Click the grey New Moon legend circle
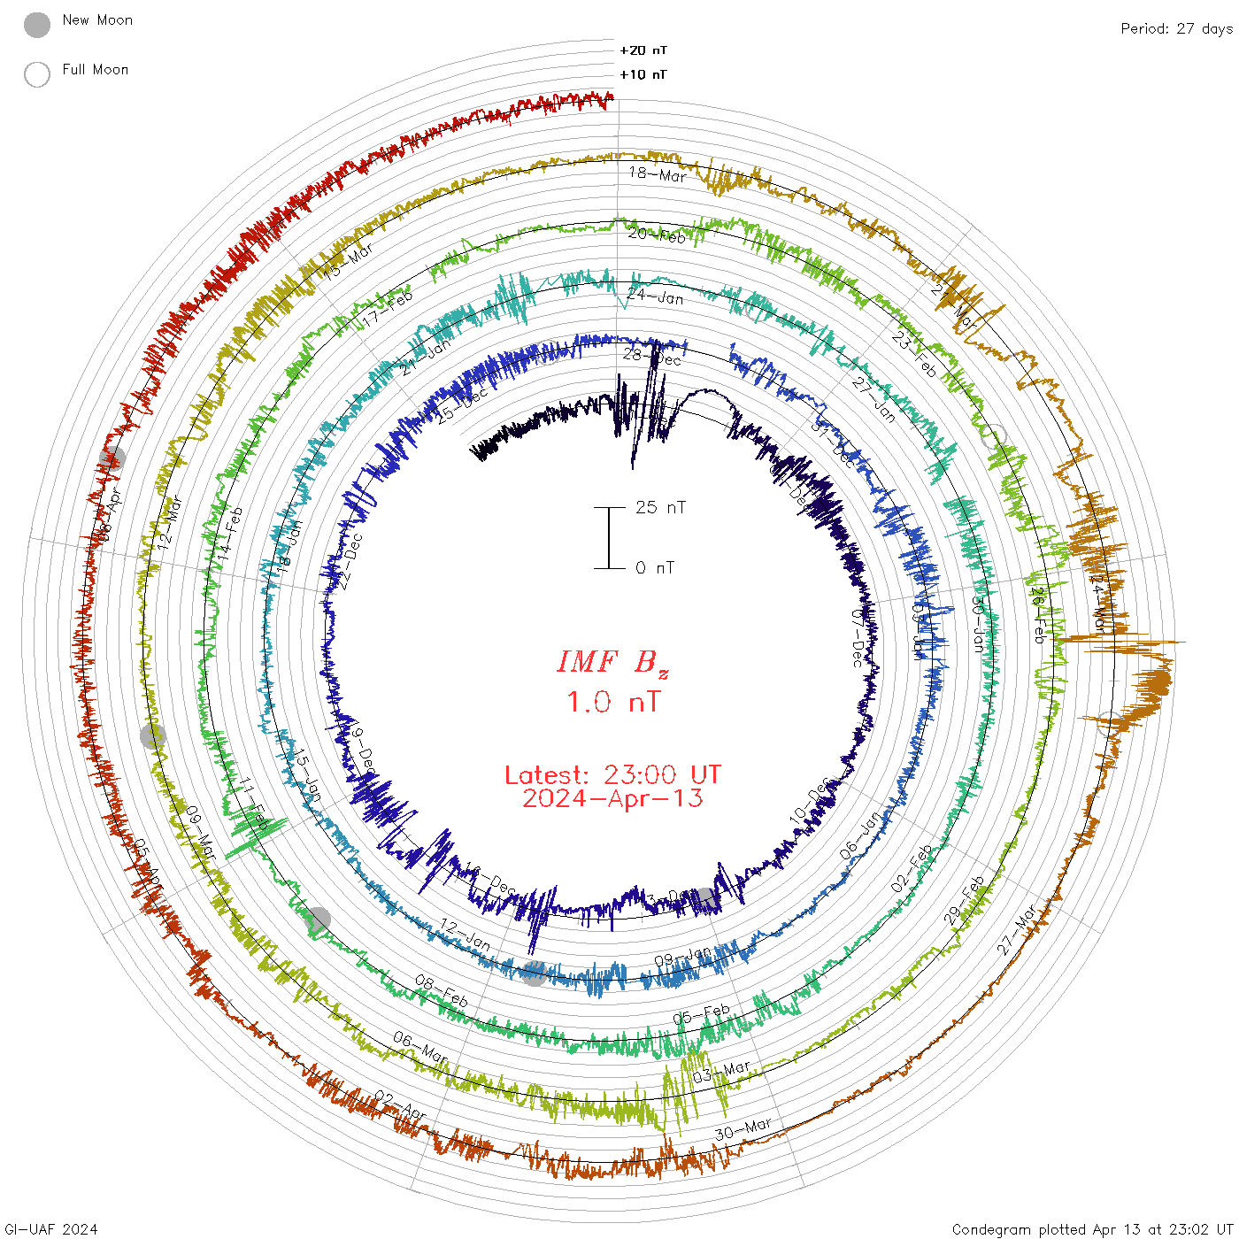coord(37,26)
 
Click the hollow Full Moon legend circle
coord(37,75)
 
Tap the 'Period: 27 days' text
coord(1176,29)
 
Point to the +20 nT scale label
coord(643,50)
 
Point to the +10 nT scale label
coord(643,74)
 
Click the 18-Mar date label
coord(658,174)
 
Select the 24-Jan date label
coord(655,296)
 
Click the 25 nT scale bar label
coord(660,508)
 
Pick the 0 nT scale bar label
coord(655,568)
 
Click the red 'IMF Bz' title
coord(612,663)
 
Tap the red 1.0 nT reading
coord(612,703)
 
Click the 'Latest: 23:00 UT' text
coord(612,775)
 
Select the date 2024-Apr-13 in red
coord(612,798)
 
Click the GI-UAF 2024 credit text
coord(51,1229)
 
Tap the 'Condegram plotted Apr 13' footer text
coord(1092,1229)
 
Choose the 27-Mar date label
coord(1017,929)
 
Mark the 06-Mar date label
coord(420,1047)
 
